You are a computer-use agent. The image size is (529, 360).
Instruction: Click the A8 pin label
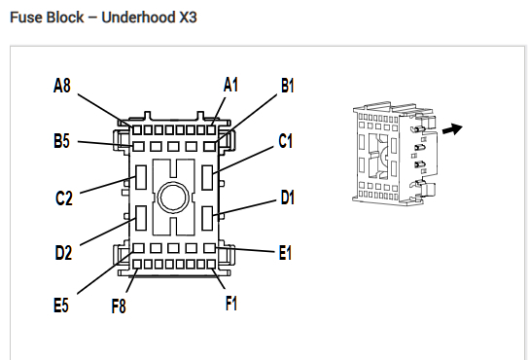pos(62,85)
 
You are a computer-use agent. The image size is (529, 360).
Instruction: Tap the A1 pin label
pos(230,85)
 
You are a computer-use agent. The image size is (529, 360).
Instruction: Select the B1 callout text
pos(288,86)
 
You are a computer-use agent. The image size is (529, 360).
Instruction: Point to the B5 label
pos(61,141)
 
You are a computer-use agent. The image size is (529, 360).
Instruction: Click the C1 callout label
pos(286,141)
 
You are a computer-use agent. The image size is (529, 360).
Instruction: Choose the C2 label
pos(64,198)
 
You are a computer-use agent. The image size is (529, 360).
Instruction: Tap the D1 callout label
pos(288,198)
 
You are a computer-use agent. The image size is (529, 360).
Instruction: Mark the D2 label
pos(63,253)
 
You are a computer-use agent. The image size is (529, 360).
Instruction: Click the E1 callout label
pos(285,253)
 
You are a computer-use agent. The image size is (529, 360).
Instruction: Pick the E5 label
pos(61,305)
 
